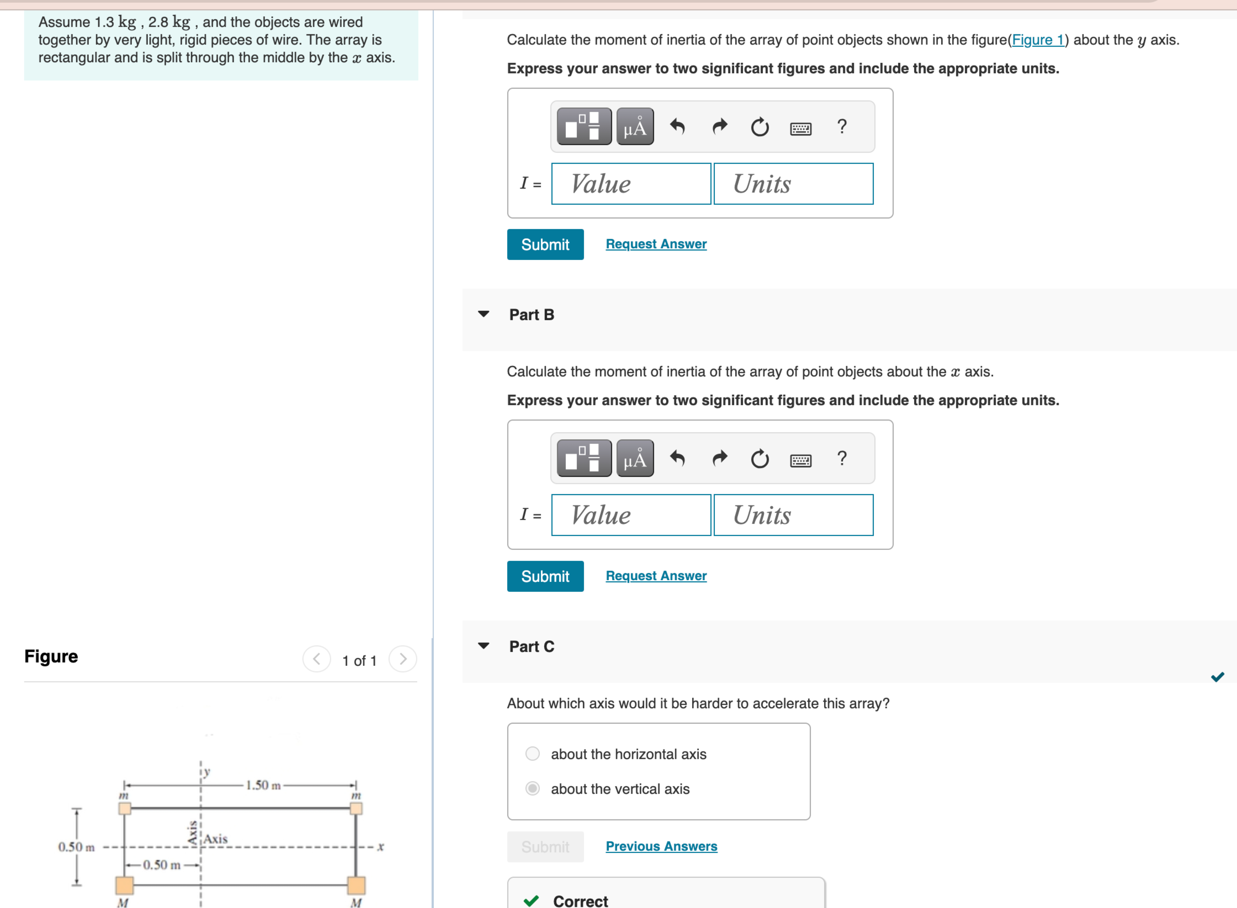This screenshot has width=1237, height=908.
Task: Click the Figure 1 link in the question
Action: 1037,40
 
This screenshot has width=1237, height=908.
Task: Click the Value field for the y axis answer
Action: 631,184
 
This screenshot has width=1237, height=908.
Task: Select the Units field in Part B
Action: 793,515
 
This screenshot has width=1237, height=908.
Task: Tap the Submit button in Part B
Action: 545,576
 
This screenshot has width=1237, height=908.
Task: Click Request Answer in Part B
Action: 656,575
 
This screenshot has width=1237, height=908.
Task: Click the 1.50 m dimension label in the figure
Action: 263,785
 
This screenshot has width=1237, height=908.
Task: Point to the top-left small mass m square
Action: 125,808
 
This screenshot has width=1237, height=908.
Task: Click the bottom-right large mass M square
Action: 356,885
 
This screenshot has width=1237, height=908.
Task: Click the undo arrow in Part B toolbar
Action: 677,458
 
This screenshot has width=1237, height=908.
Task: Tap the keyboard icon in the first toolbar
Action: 800,129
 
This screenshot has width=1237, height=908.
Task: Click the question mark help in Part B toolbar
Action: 841,458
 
